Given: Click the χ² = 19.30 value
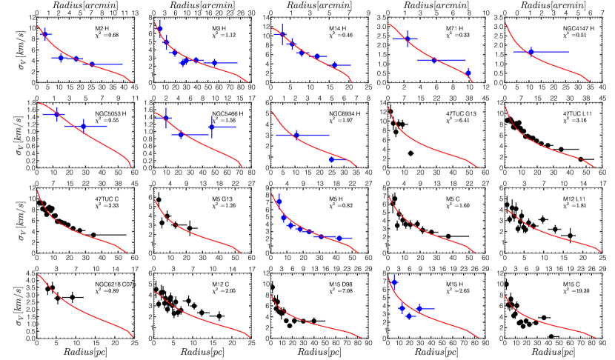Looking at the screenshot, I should (x=577, y=290).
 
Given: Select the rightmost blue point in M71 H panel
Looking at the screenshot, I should (x=468, y=73).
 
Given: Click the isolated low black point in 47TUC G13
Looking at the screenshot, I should (x=410, y=153).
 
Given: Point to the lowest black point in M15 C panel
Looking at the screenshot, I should (x=551, y=336).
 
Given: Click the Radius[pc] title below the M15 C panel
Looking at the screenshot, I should (x=553, y=355).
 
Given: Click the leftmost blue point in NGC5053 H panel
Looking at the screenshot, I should (x=56, y=115).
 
